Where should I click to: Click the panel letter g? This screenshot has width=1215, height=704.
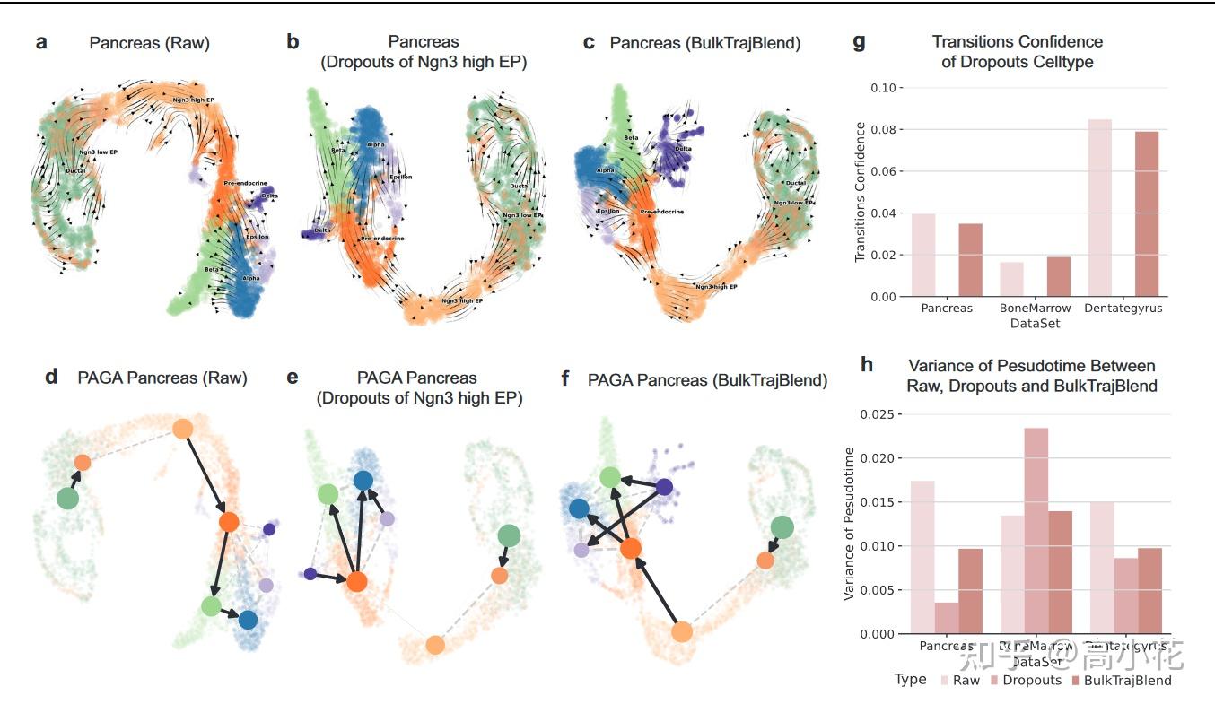(x=859, y=42)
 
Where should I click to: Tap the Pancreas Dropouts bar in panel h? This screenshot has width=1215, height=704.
(x=946, y=618)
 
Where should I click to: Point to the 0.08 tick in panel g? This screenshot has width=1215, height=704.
(x=883, y=130)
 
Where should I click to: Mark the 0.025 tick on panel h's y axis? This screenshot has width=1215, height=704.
(x=877, y=415)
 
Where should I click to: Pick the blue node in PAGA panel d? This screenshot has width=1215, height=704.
(x=248, y=619)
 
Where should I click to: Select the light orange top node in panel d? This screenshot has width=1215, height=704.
(x=183, y=429)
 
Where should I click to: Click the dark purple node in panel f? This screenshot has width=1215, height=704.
(x=664, y=487)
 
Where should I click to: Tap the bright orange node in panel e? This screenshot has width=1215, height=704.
(x=357, y=581)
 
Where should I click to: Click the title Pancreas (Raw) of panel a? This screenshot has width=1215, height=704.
(x=149, y=43)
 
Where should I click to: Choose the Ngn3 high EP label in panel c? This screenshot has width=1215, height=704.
(x=715, y=287)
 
